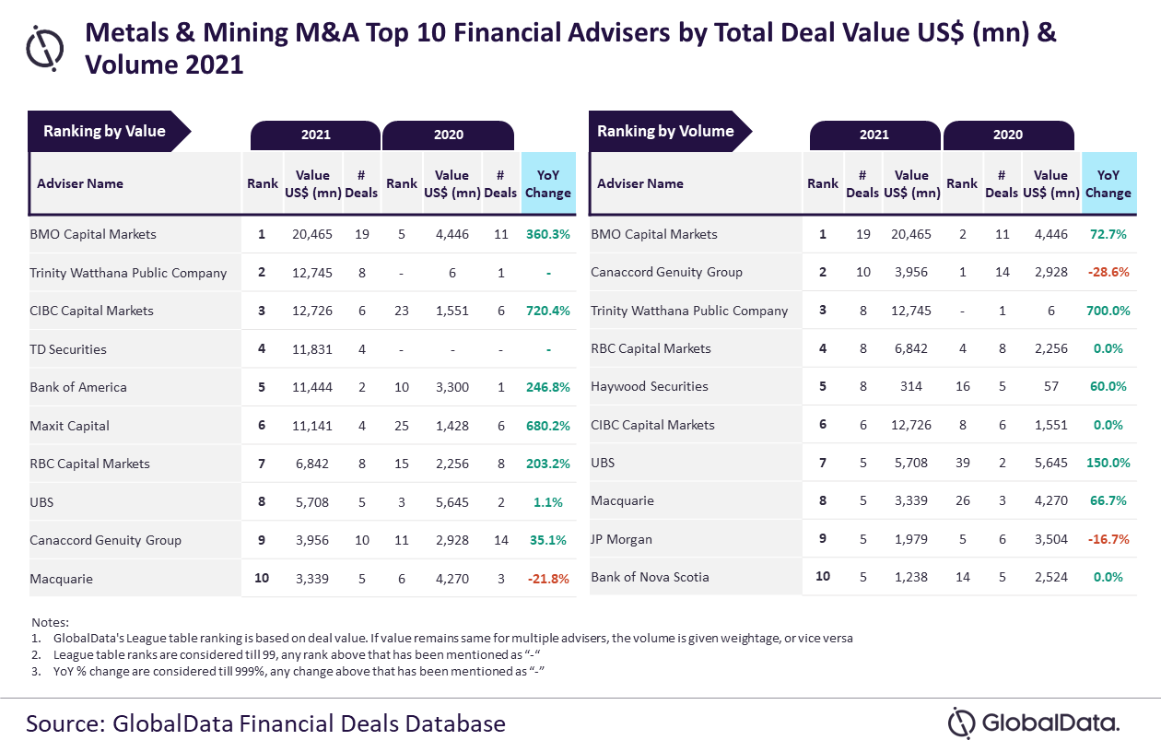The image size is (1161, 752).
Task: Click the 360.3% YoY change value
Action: coord(548,234)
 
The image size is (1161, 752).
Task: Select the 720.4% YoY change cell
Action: coord(548,311)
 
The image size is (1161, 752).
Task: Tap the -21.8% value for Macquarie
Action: coord(548,579)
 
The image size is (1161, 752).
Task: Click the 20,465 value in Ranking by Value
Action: coord(312,234)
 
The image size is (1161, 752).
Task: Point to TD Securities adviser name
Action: coord(68,349)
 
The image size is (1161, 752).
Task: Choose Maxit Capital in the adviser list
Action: coord(69,426)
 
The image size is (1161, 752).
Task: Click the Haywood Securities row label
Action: coord(650,387)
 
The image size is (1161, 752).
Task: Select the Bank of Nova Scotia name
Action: coord(650,577)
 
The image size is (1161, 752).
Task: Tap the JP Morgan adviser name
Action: coord(621,539)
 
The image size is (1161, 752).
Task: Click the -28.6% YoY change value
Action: coord(1108,272)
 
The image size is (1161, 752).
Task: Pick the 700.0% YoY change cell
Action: coord(1108,311)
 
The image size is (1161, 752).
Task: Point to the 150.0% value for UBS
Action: coord(1108,463)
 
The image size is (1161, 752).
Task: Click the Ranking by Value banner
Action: coord(110,131)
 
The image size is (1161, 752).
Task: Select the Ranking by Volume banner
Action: coord(670,131)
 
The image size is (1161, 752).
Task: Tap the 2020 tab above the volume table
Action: coord(1008,135)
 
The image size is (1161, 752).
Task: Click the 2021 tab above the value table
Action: coord(316,135)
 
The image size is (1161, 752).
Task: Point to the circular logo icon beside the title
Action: coord(45,48)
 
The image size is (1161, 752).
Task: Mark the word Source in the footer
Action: coord(65,724)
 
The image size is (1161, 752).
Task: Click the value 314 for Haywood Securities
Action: coord(911,387)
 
